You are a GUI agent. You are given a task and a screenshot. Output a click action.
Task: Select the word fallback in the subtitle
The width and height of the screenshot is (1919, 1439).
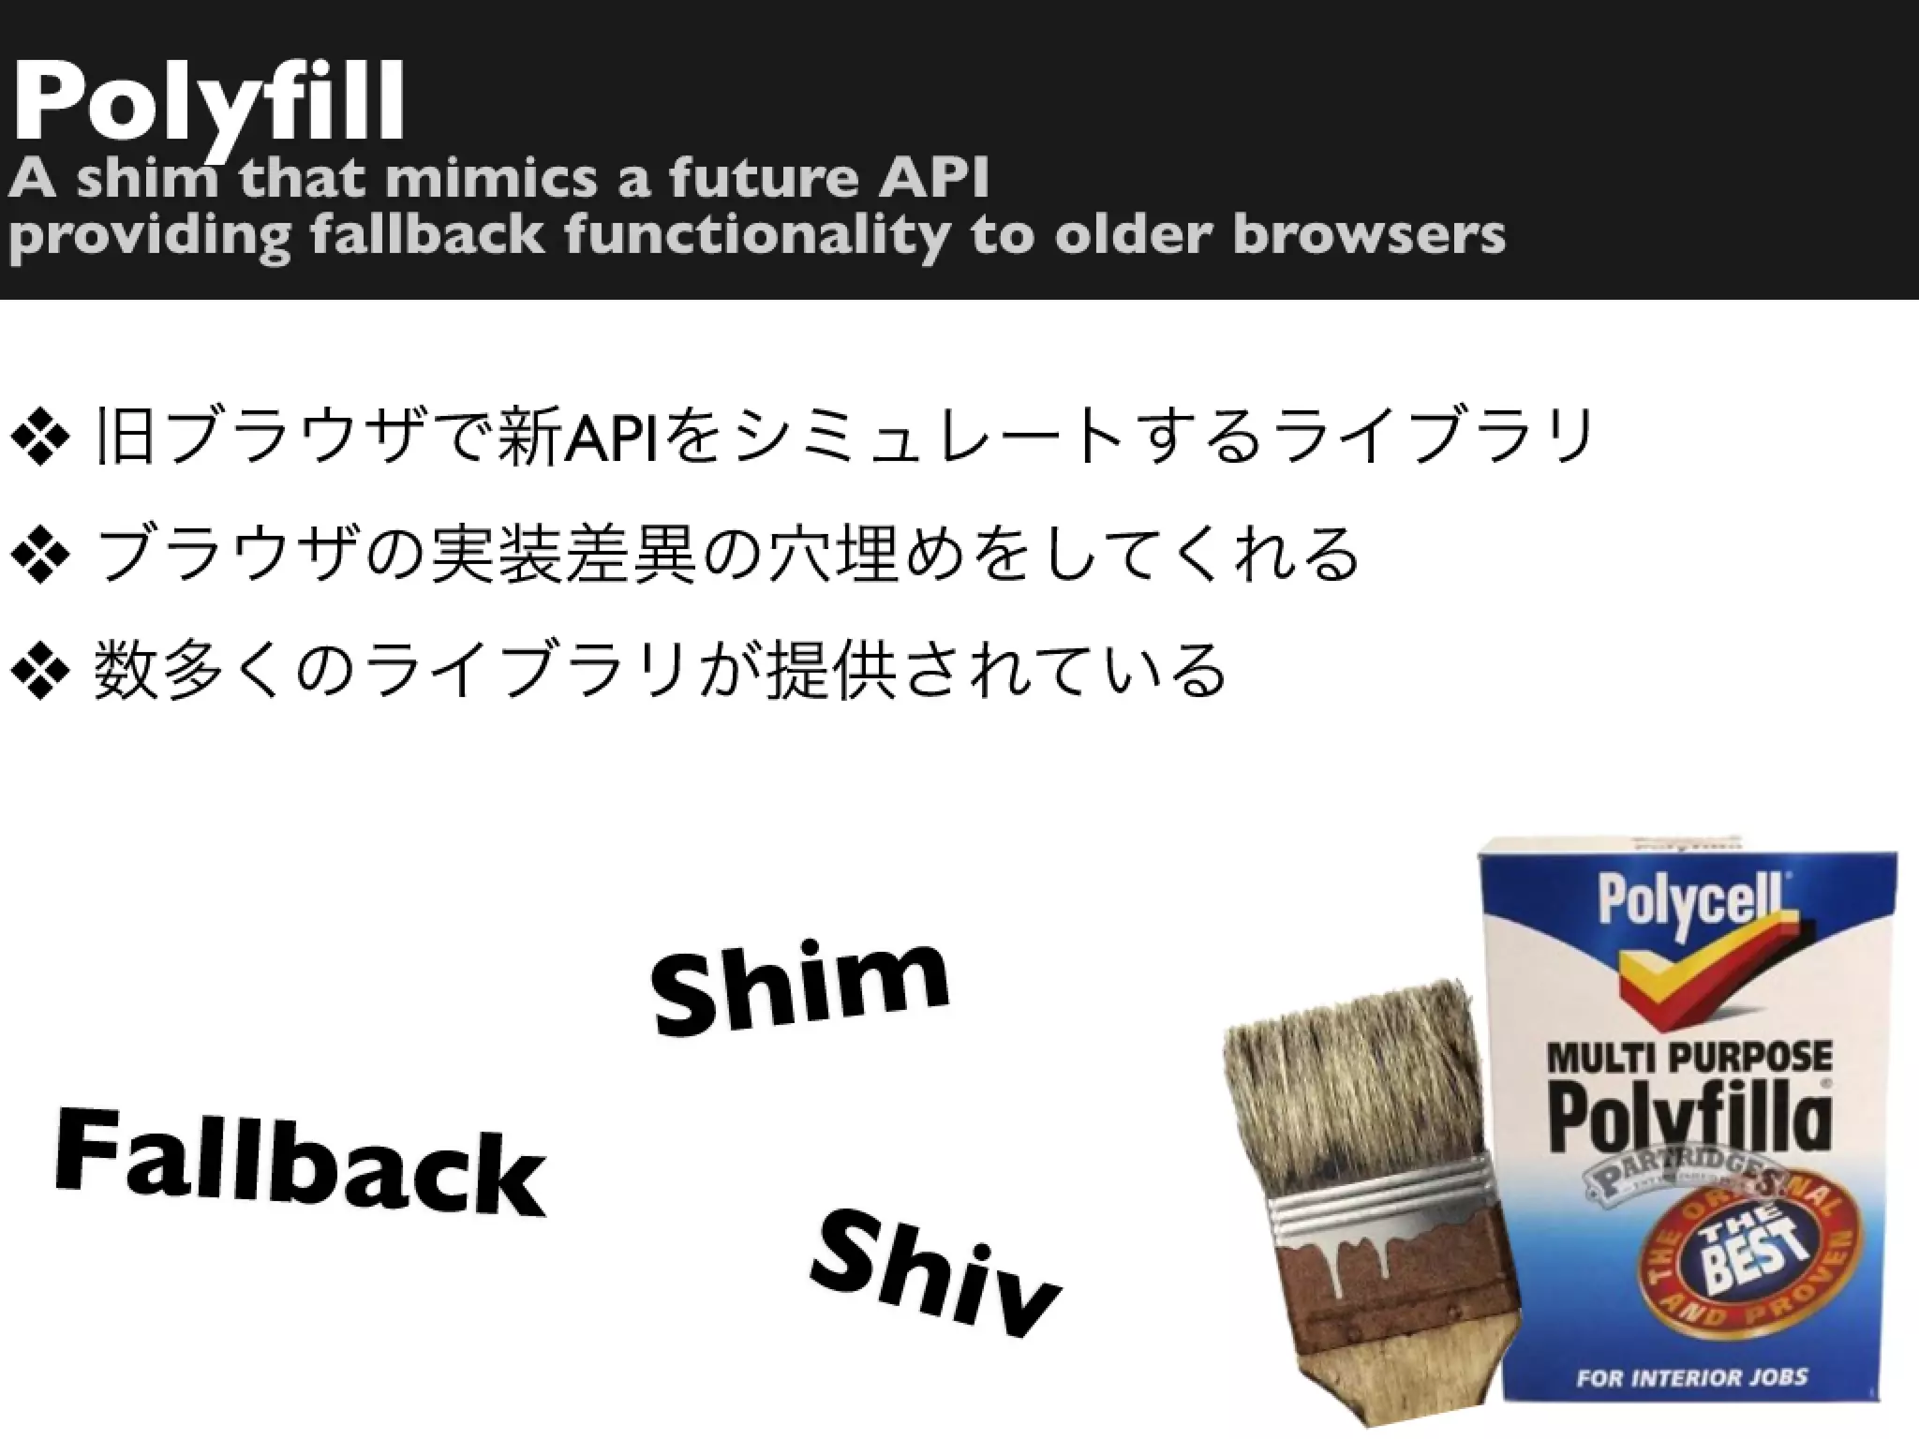[x=426, y=234]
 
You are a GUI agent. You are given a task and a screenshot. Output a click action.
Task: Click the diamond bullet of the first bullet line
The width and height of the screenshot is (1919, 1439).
[x=39, y=437]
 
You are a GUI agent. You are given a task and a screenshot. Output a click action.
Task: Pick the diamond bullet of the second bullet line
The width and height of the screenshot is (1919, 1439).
[x=39, y=556]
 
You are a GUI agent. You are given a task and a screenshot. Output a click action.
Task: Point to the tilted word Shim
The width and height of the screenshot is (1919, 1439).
[x=799, y=987]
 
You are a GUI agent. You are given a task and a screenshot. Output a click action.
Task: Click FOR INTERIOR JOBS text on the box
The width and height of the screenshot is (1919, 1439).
[x=1690, y=1377]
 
